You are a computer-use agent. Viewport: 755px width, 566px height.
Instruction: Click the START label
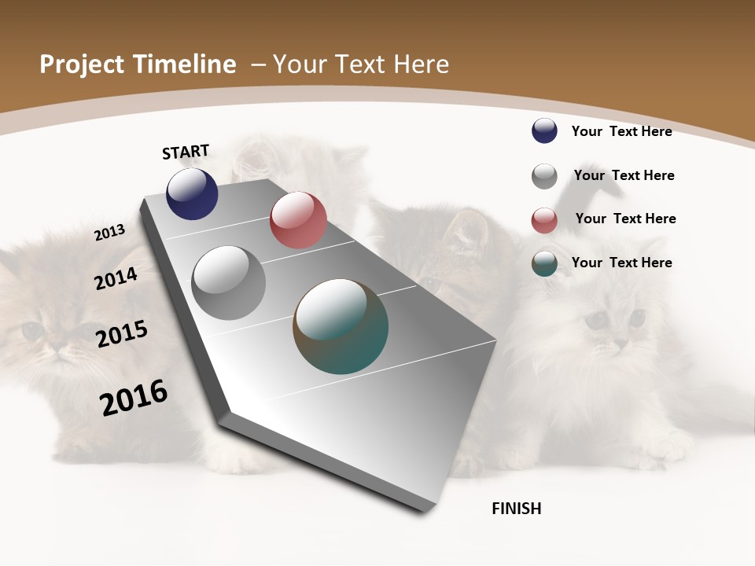pos(186,152)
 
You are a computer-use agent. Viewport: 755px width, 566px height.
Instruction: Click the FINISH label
pos(517,509)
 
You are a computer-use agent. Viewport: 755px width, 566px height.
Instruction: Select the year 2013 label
pos(109,233)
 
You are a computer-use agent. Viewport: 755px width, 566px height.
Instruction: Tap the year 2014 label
pos(116,278)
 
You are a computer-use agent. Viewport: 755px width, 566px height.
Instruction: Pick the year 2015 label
pos(122,333)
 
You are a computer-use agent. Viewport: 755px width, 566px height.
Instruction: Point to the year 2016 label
pos(134,397)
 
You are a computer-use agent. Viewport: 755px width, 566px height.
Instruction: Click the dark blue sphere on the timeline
pos(192,194)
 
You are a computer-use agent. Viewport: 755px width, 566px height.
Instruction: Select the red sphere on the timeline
pos(298,220)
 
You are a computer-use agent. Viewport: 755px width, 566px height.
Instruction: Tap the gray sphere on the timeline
pos(228,283)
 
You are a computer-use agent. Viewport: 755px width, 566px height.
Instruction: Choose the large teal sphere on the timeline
pos(341,326)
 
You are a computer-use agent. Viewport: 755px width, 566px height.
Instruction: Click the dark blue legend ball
pos(544,130)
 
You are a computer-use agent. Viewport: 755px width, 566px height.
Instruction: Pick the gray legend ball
pos(544,176)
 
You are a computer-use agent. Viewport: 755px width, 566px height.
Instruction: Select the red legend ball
pos(544,220)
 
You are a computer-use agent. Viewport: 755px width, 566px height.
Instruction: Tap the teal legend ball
pos(544,263)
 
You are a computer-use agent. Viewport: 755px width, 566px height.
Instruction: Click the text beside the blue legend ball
pos(621,131)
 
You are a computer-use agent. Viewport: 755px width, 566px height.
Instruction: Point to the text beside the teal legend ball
pos(621,263)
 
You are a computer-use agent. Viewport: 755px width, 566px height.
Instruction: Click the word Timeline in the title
pos(185,64)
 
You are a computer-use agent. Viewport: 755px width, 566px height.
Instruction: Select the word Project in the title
pos(83,64)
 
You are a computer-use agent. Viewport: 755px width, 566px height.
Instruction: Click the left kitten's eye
pos(33,331)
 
